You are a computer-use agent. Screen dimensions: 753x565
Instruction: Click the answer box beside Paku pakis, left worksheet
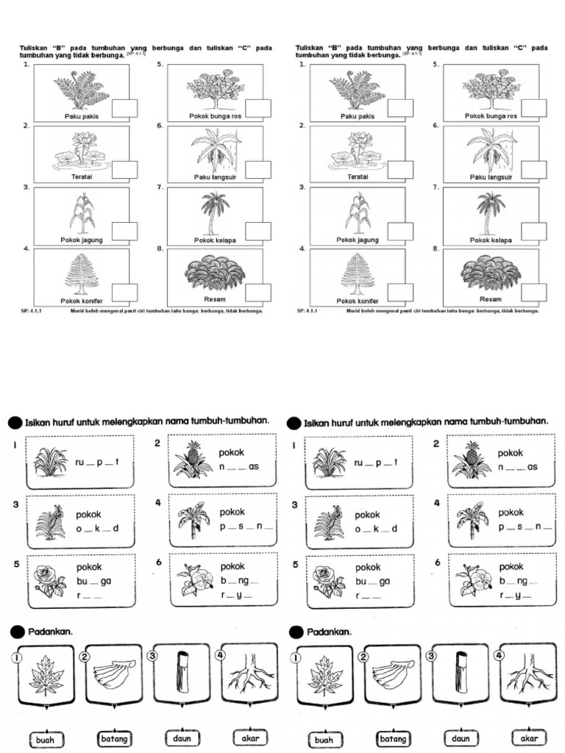(124, 108)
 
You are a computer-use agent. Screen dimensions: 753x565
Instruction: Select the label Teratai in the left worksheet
(80, 176)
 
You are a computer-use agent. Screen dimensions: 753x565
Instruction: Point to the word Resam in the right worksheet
(490, 299)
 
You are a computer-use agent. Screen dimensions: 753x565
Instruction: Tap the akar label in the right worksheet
(527, 738)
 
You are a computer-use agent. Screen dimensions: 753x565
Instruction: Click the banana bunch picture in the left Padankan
(114, 673)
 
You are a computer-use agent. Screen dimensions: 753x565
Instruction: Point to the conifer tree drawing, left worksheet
(81, 274)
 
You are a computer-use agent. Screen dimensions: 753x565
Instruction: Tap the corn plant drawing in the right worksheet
(358, 213)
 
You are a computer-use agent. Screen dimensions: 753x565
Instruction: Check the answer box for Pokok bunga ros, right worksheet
(533, 108)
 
